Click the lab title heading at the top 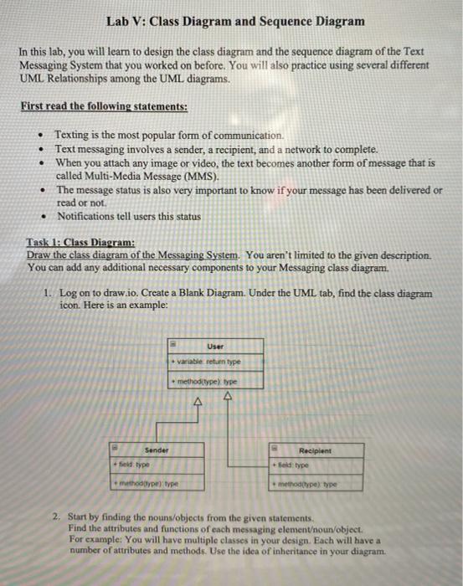(235, 20)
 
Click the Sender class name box (156, 450)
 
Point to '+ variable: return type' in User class (206, 362)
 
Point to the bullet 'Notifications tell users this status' (127, 216)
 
